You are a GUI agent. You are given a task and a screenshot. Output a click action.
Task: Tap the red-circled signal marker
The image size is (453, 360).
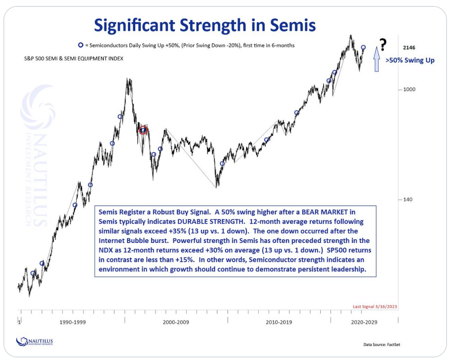[x=143, y=130]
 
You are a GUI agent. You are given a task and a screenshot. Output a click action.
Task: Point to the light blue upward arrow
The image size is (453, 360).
[x=376, y=60]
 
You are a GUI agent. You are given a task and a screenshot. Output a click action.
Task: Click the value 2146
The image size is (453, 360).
[x=409, y=48]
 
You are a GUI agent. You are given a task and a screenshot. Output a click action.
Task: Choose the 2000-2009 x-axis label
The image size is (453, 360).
[x=176, y=322]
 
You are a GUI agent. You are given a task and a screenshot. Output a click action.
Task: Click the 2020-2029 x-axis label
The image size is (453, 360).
[x=364, y=322]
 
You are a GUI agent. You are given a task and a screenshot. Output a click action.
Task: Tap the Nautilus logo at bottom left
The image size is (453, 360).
[x=35, y=341]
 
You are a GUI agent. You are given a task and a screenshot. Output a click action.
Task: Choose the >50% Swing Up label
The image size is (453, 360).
[x=410, y=60]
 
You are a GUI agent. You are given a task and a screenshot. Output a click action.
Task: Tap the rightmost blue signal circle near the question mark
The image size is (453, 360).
[x=364, y=48]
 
